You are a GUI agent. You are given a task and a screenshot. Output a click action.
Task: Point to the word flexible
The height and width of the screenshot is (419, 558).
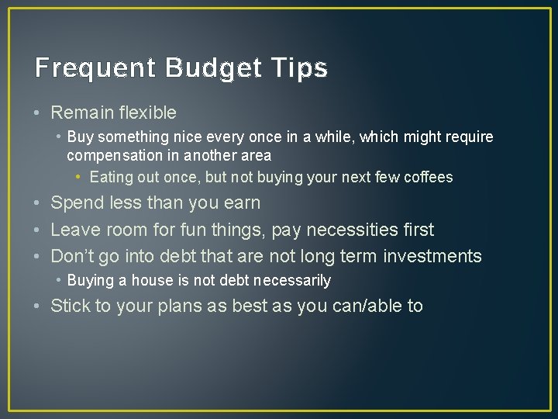(x=148, y=113)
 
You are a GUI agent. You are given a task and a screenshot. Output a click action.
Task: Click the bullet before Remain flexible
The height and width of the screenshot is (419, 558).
(x=38, y=113)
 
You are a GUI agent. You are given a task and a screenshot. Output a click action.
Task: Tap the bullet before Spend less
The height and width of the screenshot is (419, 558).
(x=38, y=203)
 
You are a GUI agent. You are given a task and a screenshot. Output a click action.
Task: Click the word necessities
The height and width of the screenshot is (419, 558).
(x=354, y=230)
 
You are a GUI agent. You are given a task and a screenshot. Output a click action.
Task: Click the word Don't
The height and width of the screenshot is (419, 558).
(x=71, y=257)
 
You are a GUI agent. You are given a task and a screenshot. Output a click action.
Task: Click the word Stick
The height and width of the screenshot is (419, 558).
(x=71, y=306)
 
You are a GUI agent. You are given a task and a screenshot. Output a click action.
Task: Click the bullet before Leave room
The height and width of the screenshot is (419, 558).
(x=38, y=230)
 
